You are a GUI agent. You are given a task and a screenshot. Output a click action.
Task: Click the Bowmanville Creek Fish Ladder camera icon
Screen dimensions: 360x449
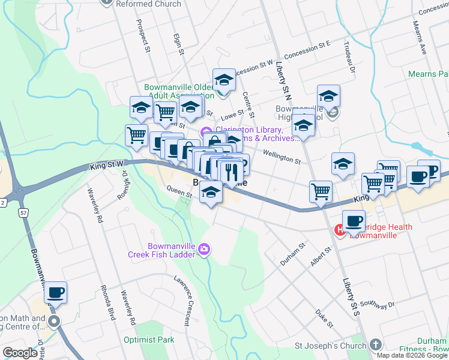coord(204,250)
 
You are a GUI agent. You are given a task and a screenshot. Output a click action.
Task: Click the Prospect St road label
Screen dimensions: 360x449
coord(142,37)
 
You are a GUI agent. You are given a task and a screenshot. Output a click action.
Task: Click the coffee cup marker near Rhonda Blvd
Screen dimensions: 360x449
coord(55,293)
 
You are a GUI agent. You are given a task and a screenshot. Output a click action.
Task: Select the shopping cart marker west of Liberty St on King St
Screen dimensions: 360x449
coord(321,192)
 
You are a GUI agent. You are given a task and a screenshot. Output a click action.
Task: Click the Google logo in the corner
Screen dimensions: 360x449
coord(20,353)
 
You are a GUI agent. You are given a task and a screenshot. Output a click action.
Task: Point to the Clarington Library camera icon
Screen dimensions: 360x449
coord(206,132)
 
